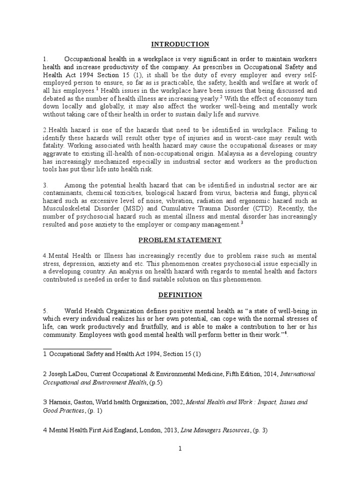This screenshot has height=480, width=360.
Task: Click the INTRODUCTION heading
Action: point(180,45)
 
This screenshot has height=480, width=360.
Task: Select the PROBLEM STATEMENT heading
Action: point(180,240)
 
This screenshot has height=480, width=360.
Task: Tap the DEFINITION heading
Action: point(180,295)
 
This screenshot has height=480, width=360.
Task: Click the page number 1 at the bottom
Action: point(180,448)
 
